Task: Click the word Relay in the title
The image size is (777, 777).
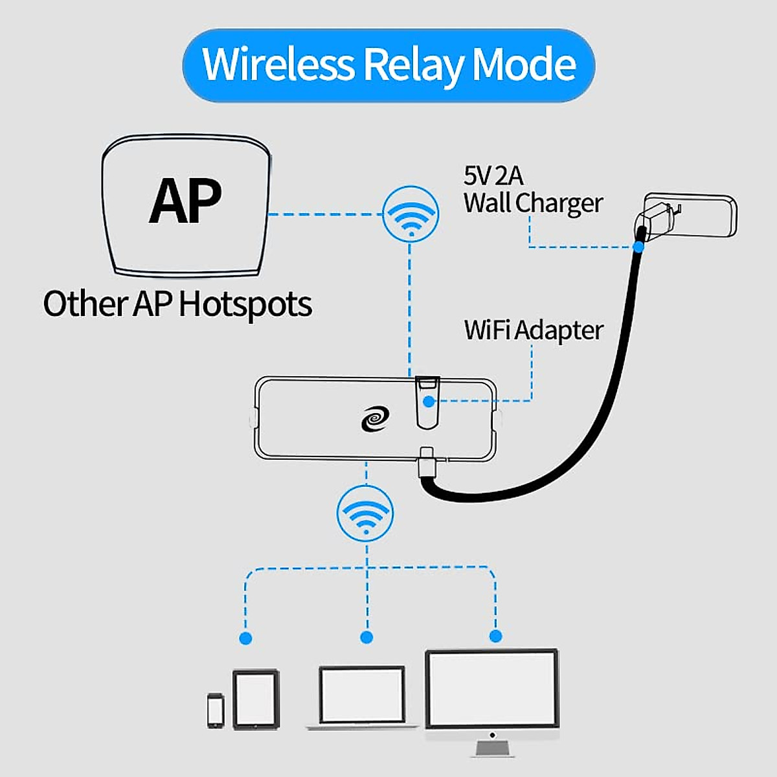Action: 413,65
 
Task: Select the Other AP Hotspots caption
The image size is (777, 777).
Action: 177,304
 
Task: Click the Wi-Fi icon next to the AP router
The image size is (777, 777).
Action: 411,214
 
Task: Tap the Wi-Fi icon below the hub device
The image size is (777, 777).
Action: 365,513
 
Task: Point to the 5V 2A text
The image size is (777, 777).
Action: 493,175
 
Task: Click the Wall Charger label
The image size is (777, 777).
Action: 533,203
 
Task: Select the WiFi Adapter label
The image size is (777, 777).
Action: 533,330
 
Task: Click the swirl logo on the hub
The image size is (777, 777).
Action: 376,418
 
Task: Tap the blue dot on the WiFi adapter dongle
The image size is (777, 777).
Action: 429,401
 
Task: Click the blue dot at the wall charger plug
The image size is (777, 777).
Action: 639,246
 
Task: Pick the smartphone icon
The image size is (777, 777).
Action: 216,710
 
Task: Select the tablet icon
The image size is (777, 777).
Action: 256,699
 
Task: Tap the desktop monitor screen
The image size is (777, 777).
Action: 491,690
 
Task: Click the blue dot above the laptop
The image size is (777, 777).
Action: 366,637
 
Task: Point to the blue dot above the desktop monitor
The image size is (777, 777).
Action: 495,636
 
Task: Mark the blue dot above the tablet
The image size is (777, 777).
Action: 245,638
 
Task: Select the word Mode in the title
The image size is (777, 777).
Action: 524,65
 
